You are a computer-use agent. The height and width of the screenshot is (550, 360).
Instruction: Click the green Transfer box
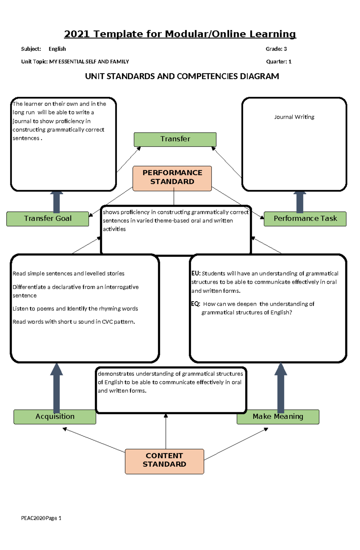175,139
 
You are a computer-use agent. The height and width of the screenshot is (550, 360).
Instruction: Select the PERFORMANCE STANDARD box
172,178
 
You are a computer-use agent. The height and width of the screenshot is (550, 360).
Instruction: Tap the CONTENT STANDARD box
164,461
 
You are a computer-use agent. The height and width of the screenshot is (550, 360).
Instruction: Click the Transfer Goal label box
48,219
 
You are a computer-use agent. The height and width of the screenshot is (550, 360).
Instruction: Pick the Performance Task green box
305,219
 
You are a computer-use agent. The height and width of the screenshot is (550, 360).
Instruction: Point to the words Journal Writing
294,117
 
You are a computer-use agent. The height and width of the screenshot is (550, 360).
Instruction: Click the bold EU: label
196,273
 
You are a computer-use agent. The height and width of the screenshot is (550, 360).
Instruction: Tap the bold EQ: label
196,304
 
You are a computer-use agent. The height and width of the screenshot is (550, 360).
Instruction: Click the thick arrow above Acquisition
56,387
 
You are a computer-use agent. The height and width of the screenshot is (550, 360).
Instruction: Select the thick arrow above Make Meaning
281,387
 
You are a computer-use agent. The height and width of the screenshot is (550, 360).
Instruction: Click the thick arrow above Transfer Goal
56,202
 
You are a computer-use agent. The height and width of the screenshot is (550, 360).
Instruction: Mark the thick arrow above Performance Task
300,202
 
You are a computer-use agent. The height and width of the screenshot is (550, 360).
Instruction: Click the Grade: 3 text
276,49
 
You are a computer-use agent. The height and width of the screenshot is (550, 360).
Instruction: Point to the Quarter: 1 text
278,62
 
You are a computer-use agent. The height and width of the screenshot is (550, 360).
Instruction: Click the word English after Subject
57,49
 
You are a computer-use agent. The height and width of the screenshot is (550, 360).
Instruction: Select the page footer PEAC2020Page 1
41,518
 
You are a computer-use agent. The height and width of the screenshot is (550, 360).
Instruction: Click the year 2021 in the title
76,34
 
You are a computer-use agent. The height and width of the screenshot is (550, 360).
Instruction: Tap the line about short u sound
74,322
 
